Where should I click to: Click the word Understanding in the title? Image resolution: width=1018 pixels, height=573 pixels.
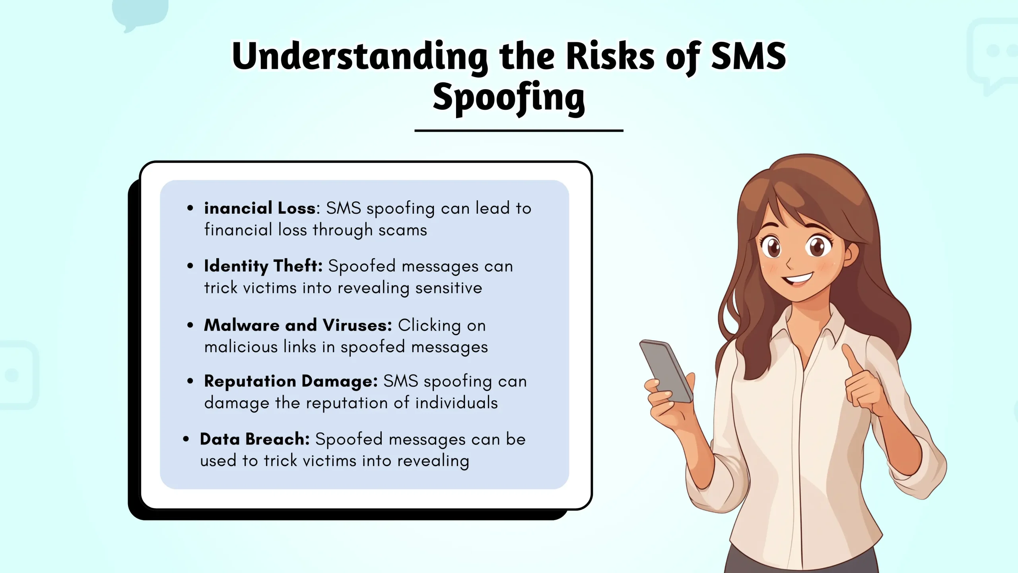click(x=359, y=57)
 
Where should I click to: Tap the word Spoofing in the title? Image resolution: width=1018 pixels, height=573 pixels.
click(x=509, y=97)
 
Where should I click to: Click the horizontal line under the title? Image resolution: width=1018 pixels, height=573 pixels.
click(x=519, y=131)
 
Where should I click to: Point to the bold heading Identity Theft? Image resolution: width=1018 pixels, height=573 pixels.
click(x=263, y=266)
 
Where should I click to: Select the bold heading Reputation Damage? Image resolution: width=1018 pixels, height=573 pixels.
click(x=291, y=381)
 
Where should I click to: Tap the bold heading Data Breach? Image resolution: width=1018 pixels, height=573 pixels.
click(x=254, y=439)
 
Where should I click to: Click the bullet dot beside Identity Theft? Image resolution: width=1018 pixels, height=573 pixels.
click(x=190, y=266)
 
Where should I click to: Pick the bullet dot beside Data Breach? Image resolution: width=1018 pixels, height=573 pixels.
click(x=186, y=439)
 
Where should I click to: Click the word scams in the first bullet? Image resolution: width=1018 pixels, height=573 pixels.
click(x=402, y=230)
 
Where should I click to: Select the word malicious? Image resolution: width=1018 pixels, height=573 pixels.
click(x=241, y=347)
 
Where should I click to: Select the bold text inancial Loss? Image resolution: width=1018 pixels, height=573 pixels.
click(x=260, y=208)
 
